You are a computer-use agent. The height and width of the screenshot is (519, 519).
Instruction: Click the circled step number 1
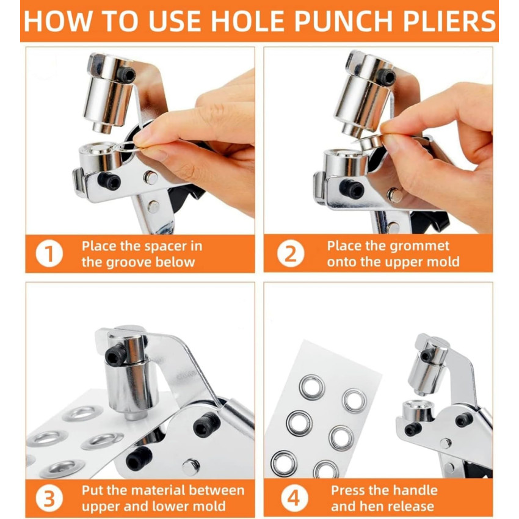coord(49,254)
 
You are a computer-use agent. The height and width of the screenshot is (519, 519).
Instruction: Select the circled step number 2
coord(290,254)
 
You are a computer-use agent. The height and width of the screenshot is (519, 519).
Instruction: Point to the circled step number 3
coord(49,498)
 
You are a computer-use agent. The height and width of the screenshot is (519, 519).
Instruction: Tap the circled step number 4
coord(294,498)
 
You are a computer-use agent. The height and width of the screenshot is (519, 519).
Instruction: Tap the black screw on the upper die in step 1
coord(127,76)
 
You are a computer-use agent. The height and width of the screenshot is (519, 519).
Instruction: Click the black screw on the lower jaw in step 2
coord(352,189)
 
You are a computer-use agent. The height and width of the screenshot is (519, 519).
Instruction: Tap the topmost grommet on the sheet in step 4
coord(311,386)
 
